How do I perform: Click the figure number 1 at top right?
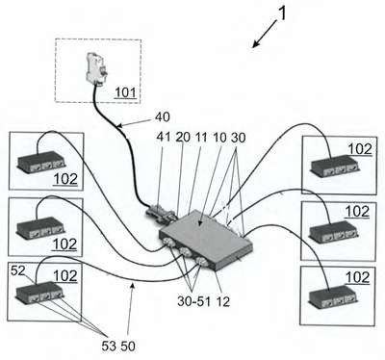tap(281, 13)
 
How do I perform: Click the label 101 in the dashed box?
tap(125, 92)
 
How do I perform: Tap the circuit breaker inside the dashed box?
tap(98, 69)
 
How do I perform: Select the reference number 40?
tap(162, 117)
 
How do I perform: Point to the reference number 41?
tap(164, 138)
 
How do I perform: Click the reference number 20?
tap(183, 138)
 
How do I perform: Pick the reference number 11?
tap(201, 138)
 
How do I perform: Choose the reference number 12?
tap(222, 301)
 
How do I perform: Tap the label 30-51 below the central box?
tap(193, 301)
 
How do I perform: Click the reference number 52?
tap(17, 271)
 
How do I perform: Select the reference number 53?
tap(109, 346)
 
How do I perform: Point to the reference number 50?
tap(128, 346)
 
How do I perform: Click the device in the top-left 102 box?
tap(40, 163)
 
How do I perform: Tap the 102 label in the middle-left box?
tap(64, 244)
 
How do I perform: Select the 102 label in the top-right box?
tap(360, 149)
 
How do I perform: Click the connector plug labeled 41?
tap(159, 212)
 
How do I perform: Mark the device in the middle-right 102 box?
tap(334, 232)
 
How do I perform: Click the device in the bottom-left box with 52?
tap(39, 293)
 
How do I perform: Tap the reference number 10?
tap(219, 138)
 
